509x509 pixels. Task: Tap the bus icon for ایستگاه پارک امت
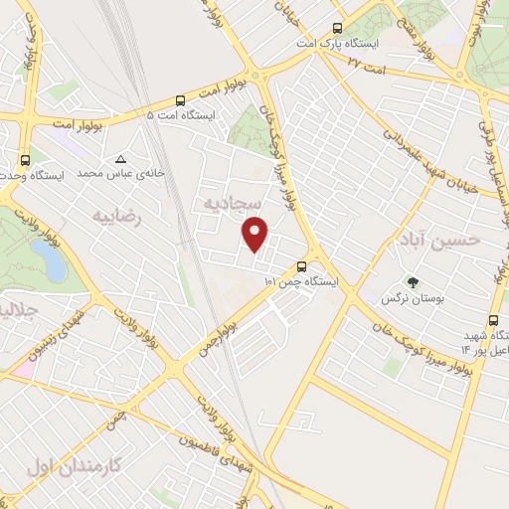[x=338, y=29]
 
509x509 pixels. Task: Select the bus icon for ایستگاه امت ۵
[x=180, y=100]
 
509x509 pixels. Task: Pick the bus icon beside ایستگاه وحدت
[x=24, y=159]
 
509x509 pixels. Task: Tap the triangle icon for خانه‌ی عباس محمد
[x=121, y=158]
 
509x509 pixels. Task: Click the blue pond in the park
[x=49, y=260]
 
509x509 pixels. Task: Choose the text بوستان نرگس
[x=414, y=298]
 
